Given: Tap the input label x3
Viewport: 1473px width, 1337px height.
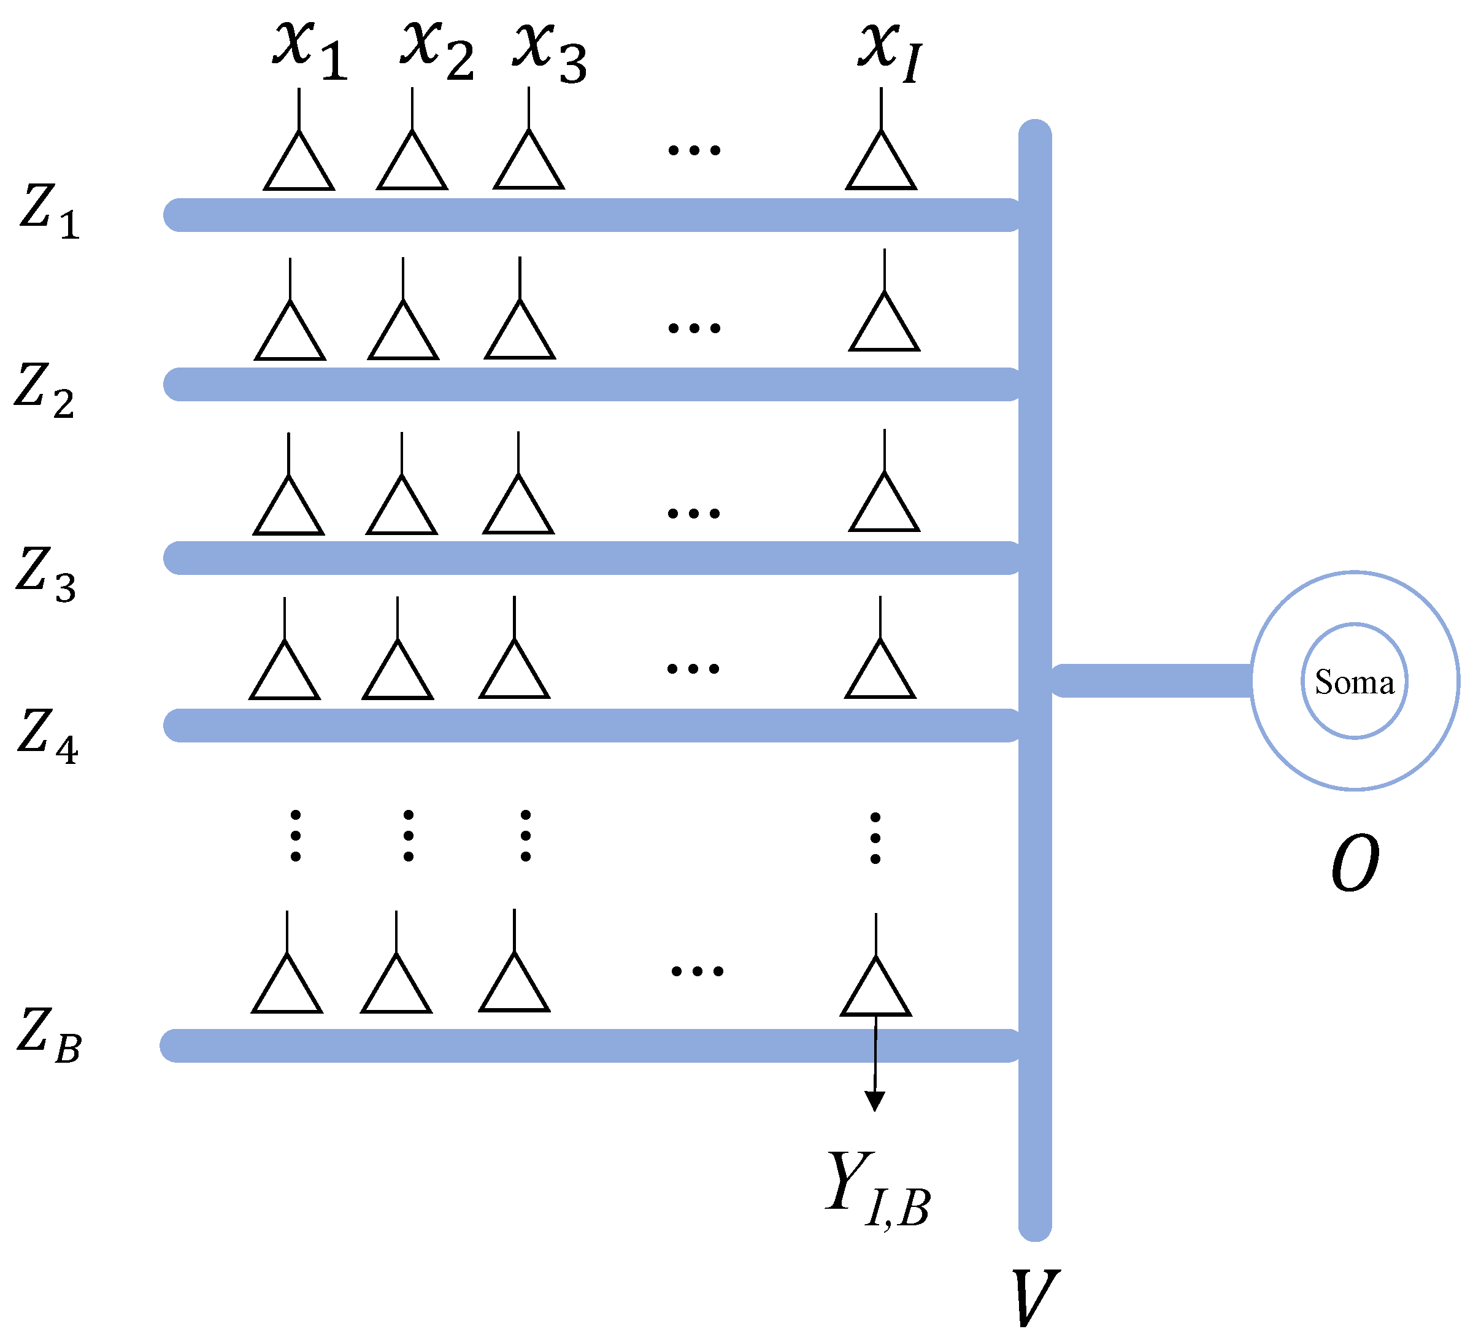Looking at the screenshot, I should click(x=550, y=51).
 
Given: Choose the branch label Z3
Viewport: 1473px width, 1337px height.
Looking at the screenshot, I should click(x=46, y=576).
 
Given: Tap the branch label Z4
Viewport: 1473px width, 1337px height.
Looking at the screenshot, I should click(x=47, y=736).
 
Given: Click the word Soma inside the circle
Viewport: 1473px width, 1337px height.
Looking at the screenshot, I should click(x=1354, y=682).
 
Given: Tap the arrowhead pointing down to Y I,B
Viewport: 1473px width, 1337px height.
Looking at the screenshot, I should click(x=875, y=1101).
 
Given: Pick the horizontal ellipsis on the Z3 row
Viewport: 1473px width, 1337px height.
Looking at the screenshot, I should click(x=693, y=514).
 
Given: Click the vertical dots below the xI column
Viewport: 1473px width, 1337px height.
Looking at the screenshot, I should click(x=875, y=838).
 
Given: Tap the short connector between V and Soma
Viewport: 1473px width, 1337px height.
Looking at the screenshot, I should click(x=1151, y=680).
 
